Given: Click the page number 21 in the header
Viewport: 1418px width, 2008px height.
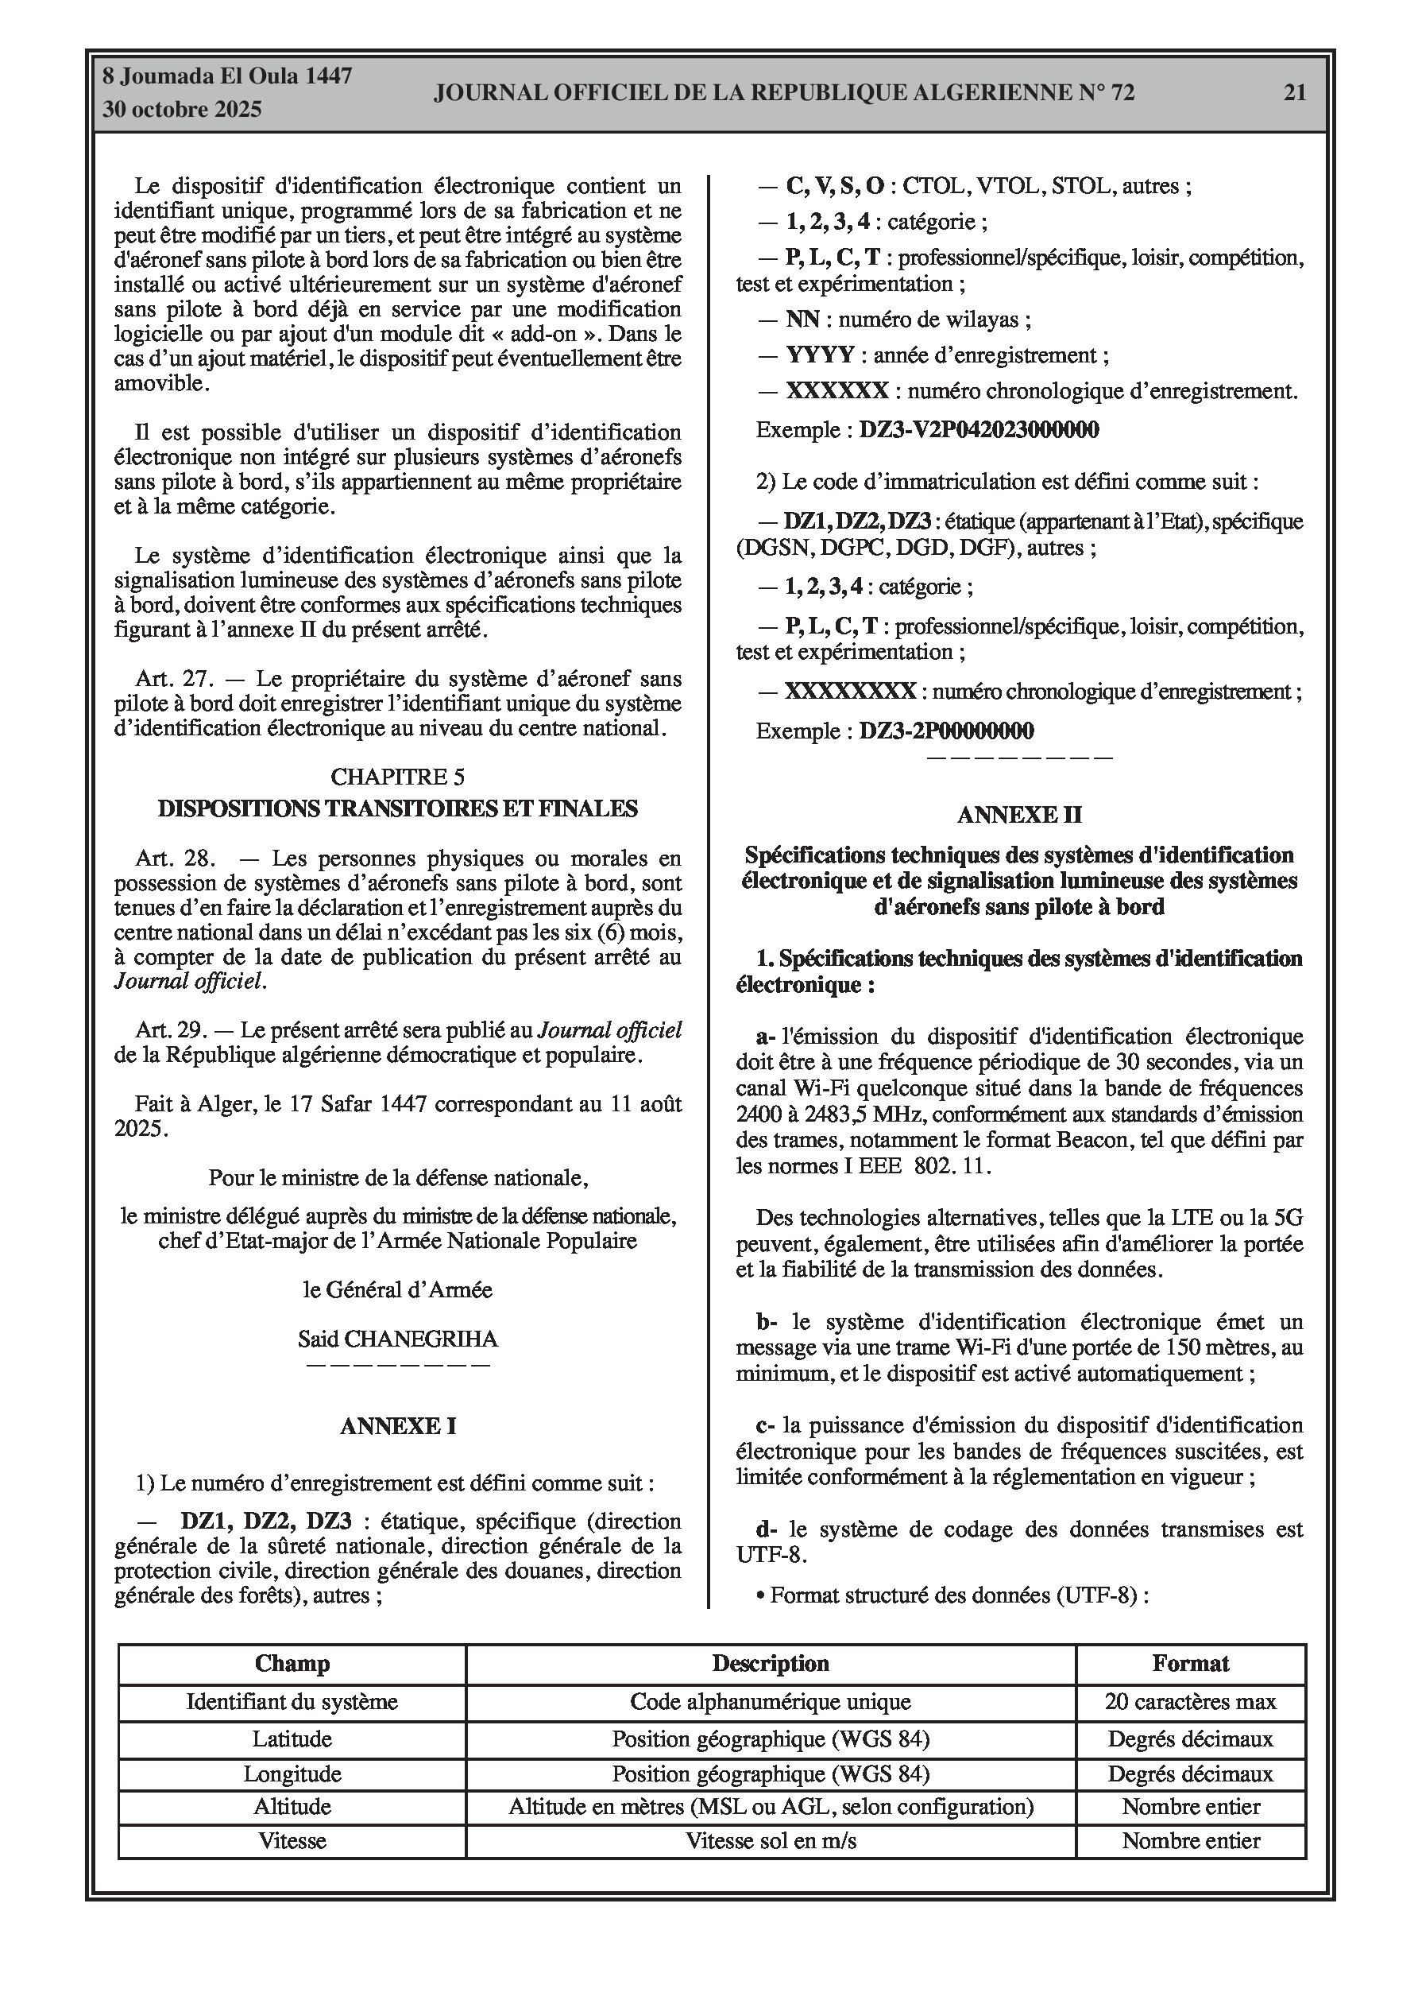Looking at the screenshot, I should (x=1294, y=93).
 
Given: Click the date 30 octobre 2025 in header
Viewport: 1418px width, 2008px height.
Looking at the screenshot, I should (x=182, y=110).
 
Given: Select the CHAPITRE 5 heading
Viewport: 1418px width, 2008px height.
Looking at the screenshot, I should (x=398, y=777).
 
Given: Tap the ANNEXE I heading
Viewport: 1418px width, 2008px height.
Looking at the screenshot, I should (x=398, y=1425).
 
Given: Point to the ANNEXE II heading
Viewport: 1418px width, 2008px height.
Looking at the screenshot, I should (x=1019, y=815).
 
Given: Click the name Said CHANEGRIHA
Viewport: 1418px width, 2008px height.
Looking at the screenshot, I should (x=398, y=1339).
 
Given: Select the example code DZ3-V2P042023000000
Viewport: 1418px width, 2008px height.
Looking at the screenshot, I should (x=979, y=430).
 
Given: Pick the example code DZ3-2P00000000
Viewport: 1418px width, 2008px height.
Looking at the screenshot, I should (x=946, y=731).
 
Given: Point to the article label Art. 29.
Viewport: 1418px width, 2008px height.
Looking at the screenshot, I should (x=169, y=1030).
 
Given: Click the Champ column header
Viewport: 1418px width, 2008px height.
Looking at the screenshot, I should (x=292, y=1664).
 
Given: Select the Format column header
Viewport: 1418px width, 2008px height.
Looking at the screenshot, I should (x=1191, y=1664).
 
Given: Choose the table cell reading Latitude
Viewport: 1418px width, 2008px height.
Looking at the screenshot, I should (x=292, y=1739).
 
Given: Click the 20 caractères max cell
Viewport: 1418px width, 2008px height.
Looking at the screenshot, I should (x=1191, y=1702).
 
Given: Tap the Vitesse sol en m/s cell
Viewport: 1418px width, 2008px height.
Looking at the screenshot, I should (x=771, y=1841).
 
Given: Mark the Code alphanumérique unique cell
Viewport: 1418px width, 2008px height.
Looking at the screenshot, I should (x=771, y=1702).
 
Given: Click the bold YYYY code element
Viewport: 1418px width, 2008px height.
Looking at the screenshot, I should (x=819, y=356).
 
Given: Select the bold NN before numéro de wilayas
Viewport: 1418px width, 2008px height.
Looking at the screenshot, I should (x=802, y=320).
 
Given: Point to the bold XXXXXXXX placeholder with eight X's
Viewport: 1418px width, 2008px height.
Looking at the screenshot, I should (x=850, y=692).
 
